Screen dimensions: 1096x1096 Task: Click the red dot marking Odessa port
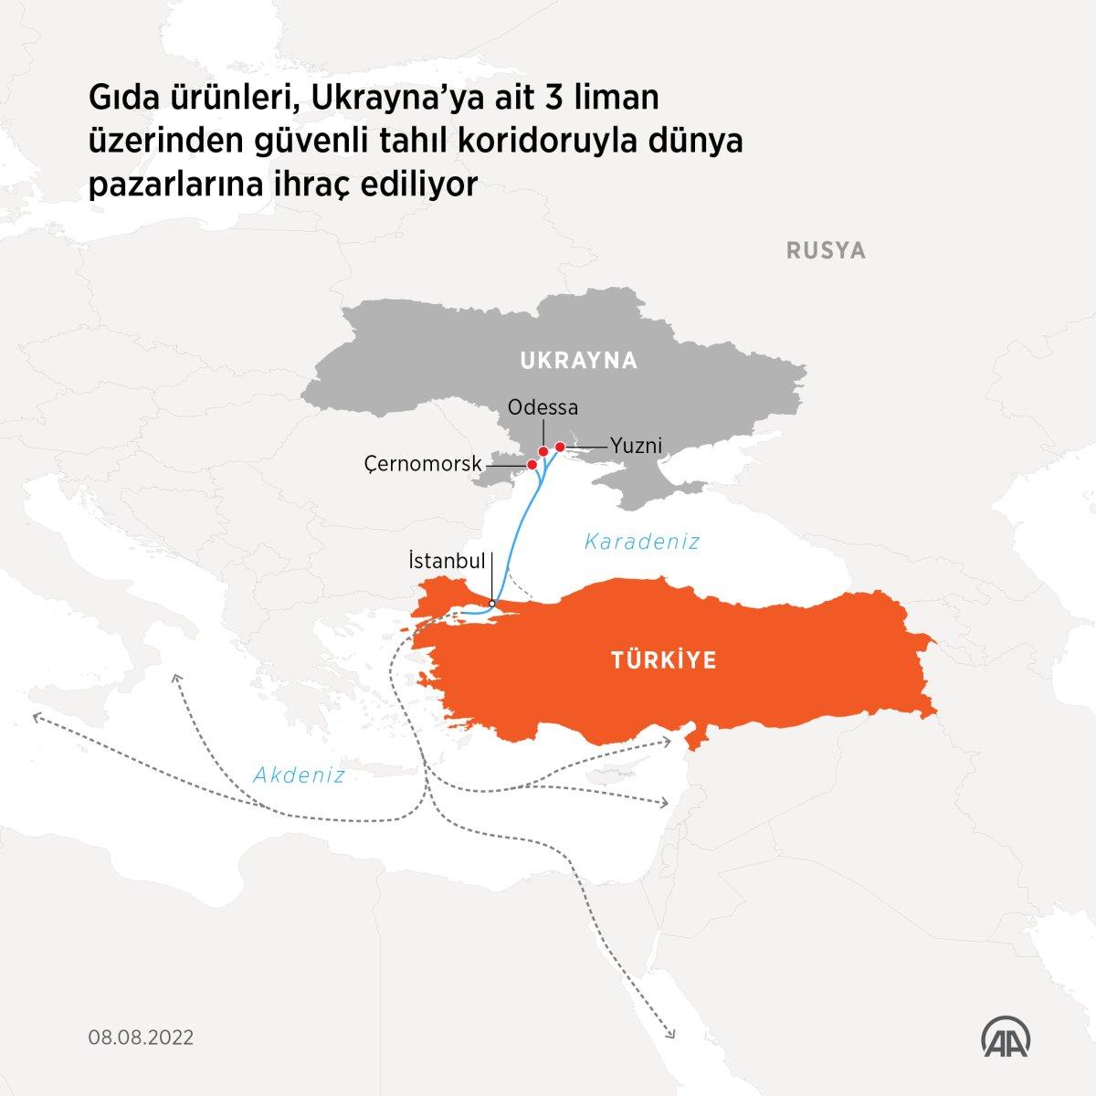pyautogui.click(x=543, y=451)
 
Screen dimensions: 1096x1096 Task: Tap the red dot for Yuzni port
pyautogui.click(x=560, y=447)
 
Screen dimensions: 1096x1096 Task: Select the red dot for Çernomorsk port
pyautogui.click(x=532, y=465)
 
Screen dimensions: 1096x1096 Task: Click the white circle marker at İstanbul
pyautogui.click(x=492, y=603)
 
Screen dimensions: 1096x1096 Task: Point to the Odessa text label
pyautogui.click(x=543, y=406)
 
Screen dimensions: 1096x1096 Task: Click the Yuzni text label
pyautogui.click(x=636, y=446)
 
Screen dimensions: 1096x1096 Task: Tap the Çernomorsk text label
pyautogui.click(x=422, y=465)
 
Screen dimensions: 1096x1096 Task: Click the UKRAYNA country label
pyautogui.click(x=578, y=361)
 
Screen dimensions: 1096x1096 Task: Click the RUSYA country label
pyautogui.click(x=826, y=250)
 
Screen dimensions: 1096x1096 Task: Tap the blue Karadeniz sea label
pyautogui.click(x=642, y=542)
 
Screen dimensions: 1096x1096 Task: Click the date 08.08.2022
pyautogui.click(x=141, y=1038)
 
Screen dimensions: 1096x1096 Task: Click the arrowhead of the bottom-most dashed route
pyautogui.click(x=671, y=1034)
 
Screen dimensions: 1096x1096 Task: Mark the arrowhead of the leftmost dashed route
pyautogui.click(x=35, y=718)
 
